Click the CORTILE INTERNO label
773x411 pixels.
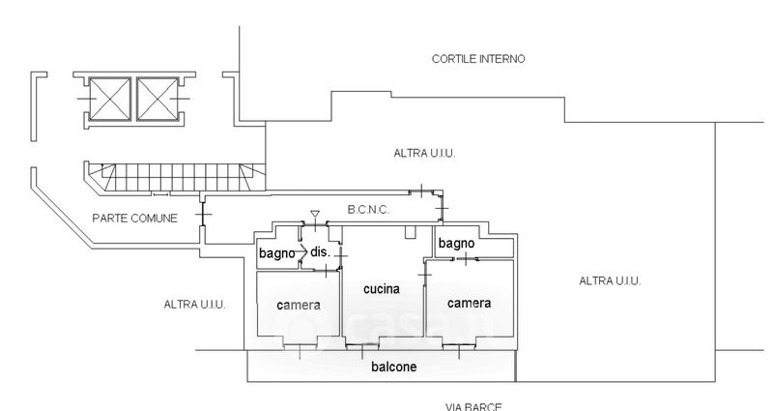(477, 59)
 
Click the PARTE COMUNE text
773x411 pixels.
(134, 219)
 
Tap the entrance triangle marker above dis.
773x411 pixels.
(315, 214)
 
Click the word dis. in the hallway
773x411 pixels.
(320, 252)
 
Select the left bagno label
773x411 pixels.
(276, 253)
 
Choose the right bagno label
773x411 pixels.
(455, 244)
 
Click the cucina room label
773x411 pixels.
(383, 288)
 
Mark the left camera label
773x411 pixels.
(298, 306)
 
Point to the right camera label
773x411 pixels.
(469, 303)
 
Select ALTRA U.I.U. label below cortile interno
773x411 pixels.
(424, 153)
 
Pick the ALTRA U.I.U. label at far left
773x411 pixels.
(195, 305)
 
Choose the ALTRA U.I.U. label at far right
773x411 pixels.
(610, 280)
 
